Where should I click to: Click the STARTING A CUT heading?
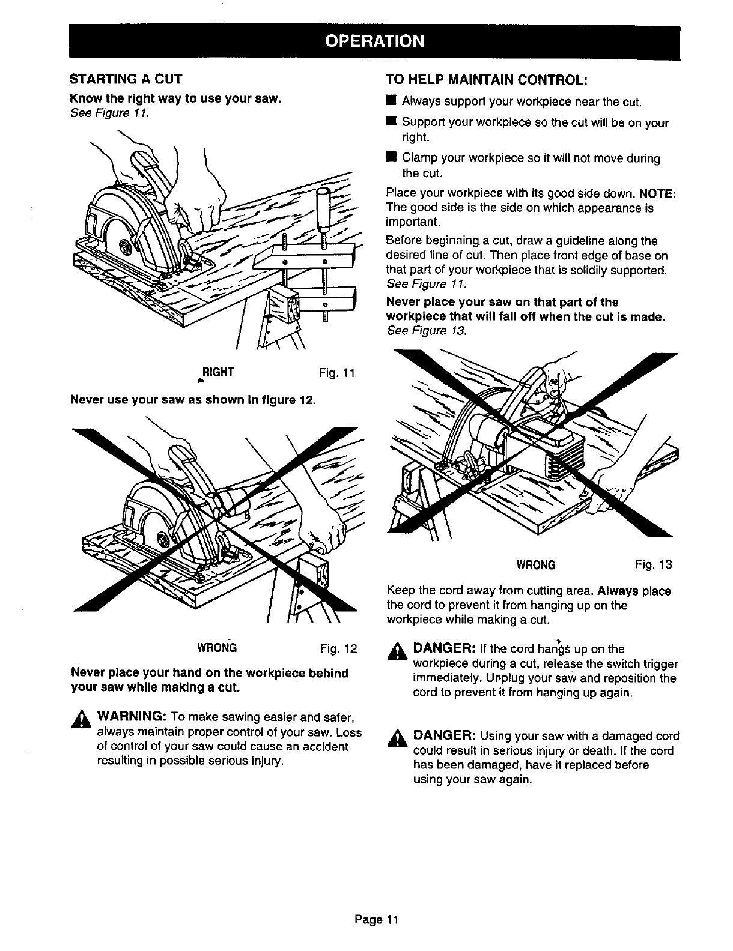126,79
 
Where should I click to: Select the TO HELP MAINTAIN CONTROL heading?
485,80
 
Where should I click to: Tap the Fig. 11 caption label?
337,373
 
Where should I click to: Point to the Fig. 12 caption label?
338,648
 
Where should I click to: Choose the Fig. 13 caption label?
653,564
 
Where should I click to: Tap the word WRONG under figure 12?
217,648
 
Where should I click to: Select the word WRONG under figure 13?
535,565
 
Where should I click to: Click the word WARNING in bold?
132,718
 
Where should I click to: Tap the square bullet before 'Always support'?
390,100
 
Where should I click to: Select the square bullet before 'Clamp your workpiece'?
390,158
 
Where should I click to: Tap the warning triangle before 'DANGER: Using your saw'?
397,740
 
